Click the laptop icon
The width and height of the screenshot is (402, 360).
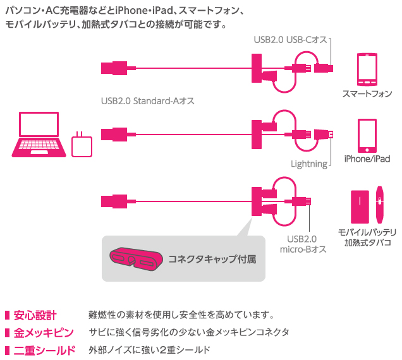coord(39,135)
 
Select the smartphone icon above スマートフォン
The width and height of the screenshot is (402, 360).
coord(367,69)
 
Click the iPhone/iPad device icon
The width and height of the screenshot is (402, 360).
coord(367,136)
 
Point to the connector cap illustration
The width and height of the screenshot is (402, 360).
coord(136,259)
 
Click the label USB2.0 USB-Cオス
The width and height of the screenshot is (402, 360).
coord(291,40)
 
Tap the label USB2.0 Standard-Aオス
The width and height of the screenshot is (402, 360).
coord(148,101)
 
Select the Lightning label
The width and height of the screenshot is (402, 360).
coord(309,164)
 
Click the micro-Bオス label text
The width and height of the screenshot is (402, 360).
coord(303,249)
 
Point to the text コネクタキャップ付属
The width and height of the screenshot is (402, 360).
coord(212,259)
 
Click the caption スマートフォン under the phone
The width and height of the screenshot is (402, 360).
coord(367,93)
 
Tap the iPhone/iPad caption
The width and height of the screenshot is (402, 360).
coord(367,159)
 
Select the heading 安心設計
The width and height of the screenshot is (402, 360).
coord(35,315)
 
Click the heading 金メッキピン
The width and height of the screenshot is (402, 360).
coord(44,333)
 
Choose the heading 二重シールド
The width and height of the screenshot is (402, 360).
coord(44,351)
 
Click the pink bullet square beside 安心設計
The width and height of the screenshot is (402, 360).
coord(7,315)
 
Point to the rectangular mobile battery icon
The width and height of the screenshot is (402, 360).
coord(360,207)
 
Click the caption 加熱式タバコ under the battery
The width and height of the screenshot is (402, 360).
coord(368,243)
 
